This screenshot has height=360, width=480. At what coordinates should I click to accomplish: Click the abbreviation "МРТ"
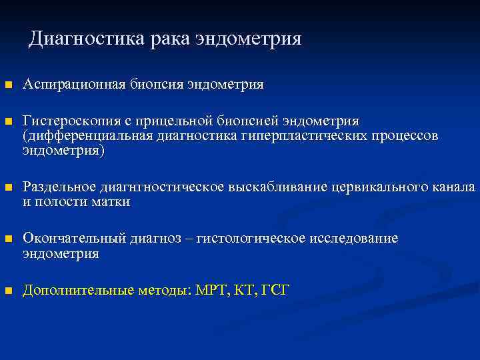tap(212, 290)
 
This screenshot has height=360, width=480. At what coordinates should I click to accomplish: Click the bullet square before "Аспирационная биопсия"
tap(8, 85)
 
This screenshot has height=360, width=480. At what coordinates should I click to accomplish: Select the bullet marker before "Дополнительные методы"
tap(8, 291)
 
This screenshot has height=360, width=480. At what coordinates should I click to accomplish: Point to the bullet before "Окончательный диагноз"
tap(8, 239)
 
